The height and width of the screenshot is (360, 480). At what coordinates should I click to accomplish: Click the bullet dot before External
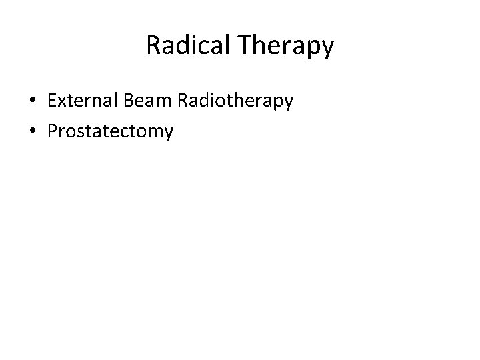tap(32, 101)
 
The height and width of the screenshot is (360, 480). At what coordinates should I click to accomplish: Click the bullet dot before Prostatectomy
tap(32, 132)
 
